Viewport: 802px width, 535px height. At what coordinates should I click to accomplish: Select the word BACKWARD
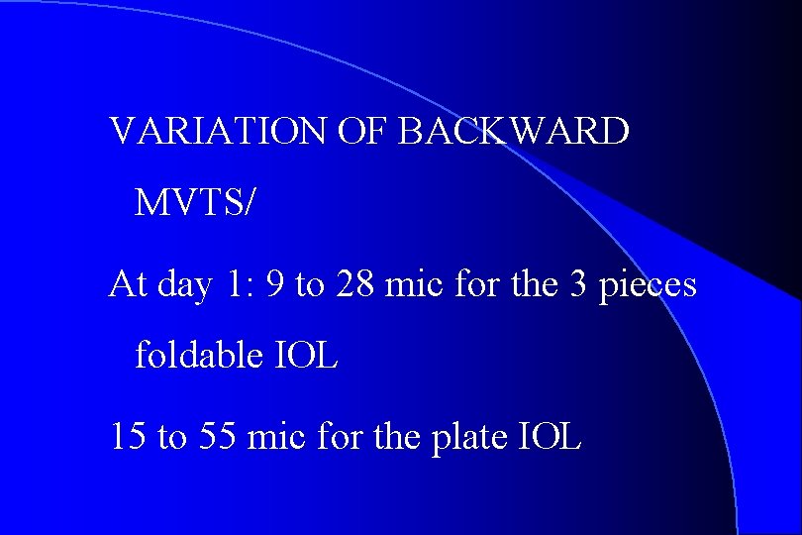point(513,131)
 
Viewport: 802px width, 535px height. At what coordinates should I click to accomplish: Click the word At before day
point(127,285)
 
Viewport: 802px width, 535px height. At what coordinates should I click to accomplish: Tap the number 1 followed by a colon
point(238,285)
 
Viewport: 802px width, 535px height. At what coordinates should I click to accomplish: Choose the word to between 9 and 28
point(310,286)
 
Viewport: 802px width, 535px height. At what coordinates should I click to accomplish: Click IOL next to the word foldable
point(307,355)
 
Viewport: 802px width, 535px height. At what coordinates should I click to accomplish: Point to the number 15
point(128,437)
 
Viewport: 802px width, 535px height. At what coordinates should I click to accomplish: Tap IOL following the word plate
point(550,437)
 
